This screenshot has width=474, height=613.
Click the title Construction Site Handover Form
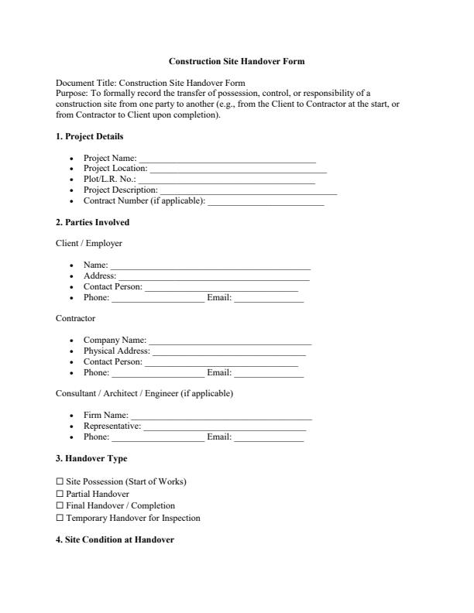coord(236,60)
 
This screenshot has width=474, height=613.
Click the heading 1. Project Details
coord(89,137)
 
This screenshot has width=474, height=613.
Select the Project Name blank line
coord(227,160)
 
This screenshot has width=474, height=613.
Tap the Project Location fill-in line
coord(238,170)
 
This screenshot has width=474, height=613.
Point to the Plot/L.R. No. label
coord(109,179)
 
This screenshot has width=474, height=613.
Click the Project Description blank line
coord(248,191)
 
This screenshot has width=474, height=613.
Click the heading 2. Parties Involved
coord(92,222)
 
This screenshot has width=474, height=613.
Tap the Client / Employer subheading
coord(89,243)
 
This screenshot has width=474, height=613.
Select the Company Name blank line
coord(230,341)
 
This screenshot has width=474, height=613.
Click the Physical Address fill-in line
coord(228,352)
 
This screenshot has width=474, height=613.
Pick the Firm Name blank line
coord(221,417)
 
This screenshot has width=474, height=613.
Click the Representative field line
coord(225,427)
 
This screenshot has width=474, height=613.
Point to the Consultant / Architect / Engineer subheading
coord(144,393)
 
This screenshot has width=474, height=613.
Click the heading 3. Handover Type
coord(91,458)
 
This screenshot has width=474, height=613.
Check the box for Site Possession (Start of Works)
coord(60,481)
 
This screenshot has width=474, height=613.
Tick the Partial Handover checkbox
coord(60,494)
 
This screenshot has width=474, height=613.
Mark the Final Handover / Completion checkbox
coord(60,505)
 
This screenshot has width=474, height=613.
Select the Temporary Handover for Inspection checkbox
coord(60,518)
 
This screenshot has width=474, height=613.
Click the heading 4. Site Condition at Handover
coord(115,539)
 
